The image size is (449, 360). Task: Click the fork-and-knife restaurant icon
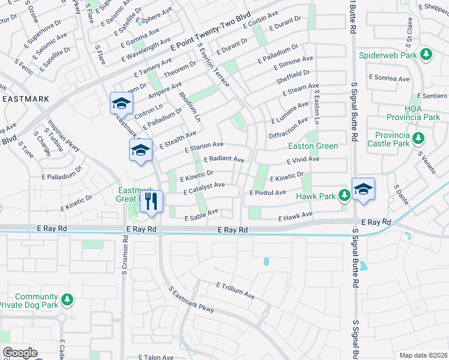point(152,201)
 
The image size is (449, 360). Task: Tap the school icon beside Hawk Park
point(363,189)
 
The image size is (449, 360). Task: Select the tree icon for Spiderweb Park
point(426,55)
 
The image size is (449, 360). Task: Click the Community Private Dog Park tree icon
point(67,298)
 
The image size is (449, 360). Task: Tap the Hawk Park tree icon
point(344,194)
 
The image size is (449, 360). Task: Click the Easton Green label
point(313,146)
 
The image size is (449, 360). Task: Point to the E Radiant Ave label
point(224,160)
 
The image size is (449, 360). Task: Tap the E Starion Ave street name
point(204,146)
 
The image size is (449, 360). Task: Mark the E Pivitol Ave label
point(268,193)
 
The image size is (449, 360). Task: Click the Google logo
point(20,353)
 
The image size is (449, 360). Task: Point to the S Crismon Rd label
point(125,255)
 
